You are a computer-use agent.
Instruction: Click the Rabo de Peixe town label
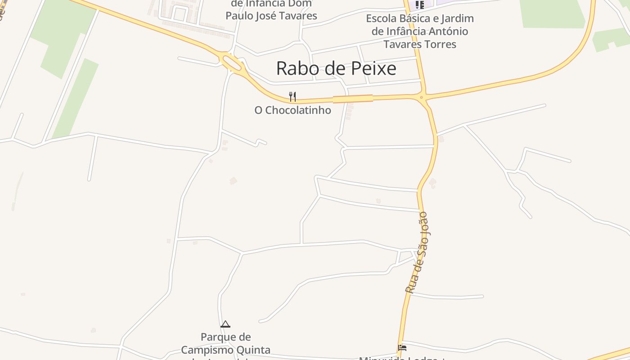coord(336,68)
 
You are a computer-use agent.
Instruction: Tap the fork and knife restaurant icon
coord(292,96)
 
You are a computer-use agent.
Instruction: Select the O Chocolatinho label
coord(292,110)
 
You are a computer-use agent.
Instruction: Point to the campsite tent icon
coord(225,324)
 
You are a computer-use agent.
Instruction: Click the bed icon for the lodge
coord(402,347)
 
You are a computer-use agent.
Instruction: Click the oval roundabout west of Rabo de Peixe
coord(232,63)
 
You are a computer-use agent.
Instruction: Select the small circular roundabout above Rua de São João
coord(422,97)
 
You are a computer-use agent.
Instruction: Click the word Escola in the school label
coord(383,19)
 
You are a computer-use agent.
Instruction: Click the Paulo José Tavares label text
coord(271,16)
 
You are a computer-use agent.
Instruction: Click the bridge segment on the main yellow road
coord(353,99)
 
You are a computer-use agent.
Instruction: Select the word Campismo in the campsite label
coord(206,350)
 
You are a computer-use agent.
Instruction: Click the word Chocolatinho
coord(298,110)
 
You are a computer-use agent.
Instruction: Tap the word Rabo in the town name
coord(294,68)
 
